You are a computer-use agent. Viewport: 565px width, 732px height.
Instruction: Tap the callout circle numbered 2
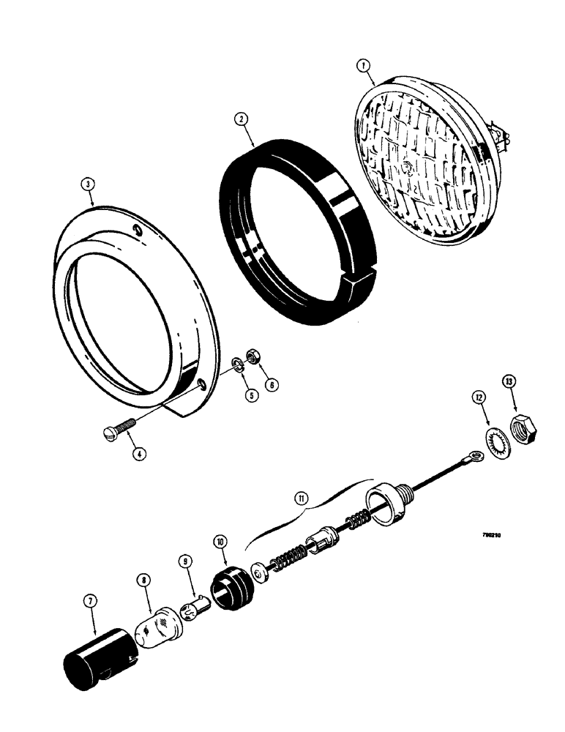point(239,119)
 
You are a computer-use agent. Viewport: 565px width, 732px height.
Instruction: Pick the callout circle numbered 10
point(219,542)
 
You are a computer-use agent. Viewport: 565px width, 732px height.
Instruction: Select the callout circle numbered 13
point(507,381)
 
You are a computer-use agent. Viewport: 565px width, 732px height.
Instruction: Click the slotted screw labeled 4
point(121,433)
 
